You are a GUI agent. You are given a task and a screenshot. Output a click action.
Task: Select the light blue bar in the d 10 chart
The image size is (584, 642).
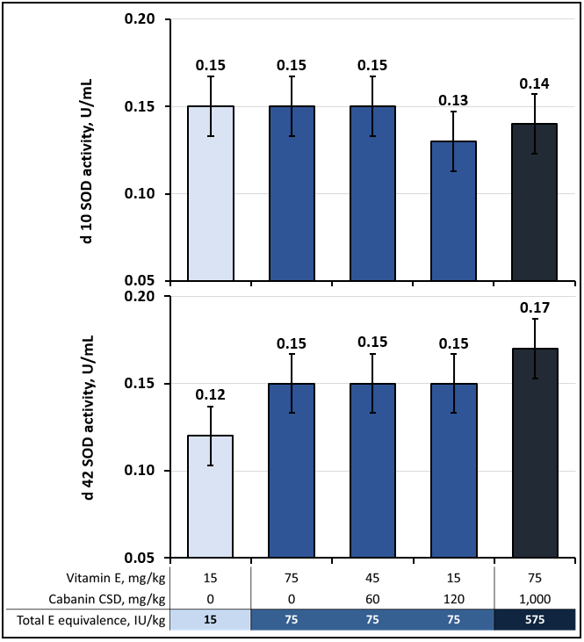[211, 193]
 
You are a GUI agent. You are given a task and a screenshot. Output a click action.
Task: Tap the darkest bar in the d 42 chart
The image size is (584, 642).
[535, 452]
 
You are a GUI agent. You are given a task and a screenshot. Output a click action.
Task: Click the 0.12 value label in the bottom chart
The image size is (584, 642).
[211, 394]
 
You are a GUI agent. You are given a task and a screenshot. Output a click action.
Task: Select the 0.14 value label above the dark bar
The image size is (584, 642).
[535, 83]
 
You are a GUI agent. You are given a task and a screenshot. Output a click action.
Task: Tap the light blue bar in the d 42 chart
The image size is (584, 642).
[211, 496]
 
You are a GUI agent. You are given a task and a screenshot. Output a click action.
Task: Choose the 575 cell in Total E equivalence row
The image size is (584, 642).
[535, 618]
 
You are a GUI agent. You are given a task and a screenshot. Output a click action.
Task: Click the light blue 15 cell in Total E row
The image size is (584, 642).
[211, 618]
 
